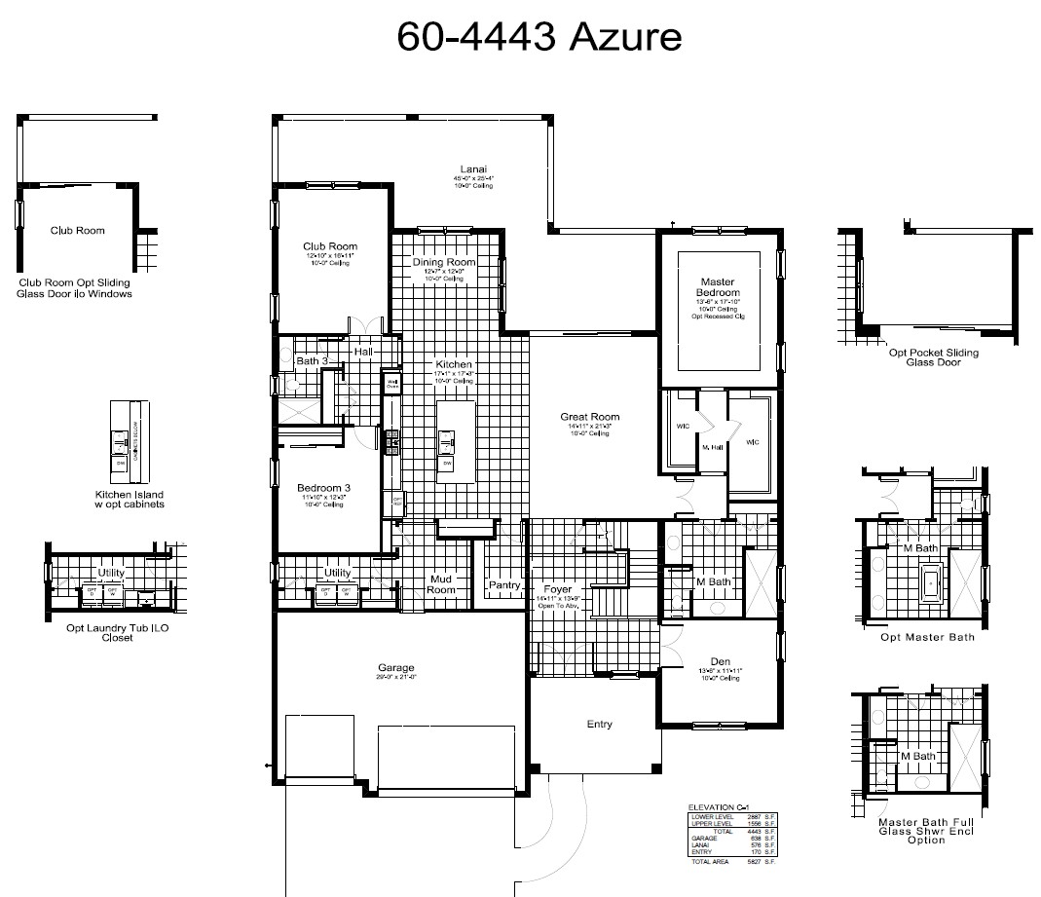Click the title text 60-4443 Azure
(539, 36)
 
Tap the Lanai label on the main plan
(473, 168)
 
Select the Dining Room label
(443, 262)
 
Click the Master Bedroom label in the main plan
(718, 286)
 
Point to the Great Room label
(589, 417)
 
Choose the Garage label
(396, 668)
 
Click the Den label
(720, 660)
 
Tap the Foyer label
(557, 589)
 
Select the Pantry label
(504, 585)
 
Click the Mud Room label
(441, 584)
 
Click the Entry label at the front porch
(599, 724)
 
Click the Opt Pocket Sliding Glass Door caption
(934, 357)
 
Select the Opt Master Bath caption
(927, 637)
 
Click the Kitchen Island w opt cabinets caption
(130, 499)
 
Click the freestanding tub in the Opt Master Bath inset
(930, 584)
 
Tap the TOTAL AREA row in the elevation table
(731, 862)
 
